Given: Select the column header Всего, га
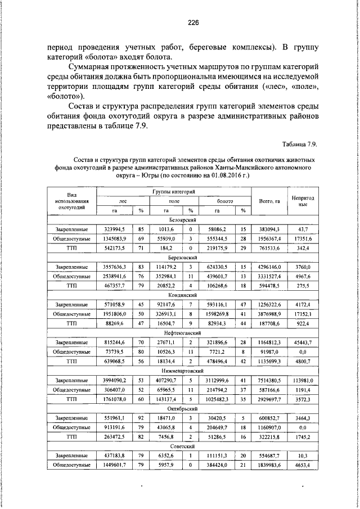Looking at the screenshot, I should point(269,201).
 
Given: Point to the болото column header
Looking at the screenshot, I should point(217,201).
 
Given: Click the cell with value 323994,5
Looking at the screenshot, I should point(114,230).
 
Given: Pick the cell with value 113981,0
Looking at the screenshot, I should point(304,381).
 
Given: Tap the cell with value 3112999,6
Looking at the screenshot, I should point(217,381).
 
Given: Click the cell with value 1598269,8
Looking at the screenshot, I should point(217,313).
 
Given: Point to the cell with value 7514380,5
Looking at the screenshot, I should point(269,381).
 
